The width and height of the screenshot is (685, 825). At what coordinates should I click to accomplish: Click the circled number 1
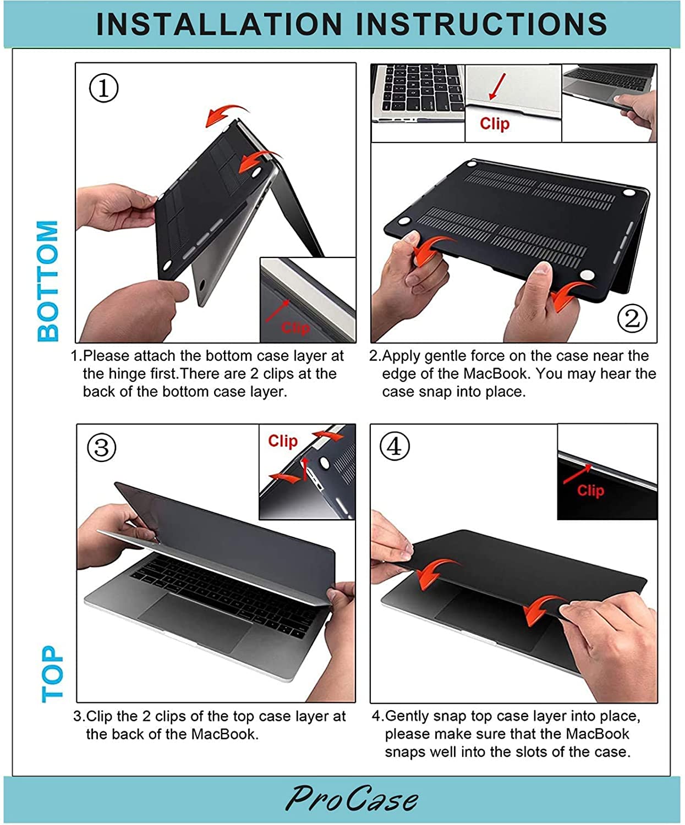[x=104, y=88]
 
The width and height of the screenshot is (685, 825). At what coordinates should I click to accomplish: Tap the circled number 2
[x=632, y=318]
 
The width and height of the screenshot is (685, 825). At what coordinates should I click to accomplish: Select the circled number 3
[x=102, y=448]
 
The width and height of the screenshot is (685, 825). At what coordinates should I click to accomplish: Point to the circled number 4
[x=394, y=447]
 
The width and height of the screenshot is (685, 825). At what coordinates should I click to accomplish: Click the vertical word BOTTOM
[x=48, y=280]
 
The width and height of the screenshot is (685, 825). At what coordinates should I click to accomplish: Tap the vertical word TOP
[x=52, y=674]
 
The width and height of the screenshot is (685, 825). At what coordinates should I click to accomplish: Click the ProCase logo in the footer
[x=352, y=799]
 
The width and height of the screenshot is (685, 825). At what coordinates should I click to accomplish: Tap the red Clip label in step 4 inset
[x=590, y=490]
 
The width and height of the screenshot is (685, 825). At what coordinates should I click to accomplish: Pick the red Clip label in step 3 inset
[x=282, y=441]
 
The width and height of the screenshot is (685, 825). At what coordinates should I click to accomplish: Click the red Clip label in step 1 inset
[x=295, y=328]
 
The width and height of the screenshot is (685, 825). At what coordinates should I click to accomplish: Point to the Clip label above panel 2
[x=495, y=123]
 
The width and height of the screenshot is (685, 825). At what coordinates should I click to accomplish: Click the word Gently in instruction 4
[x=407, y=716]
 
